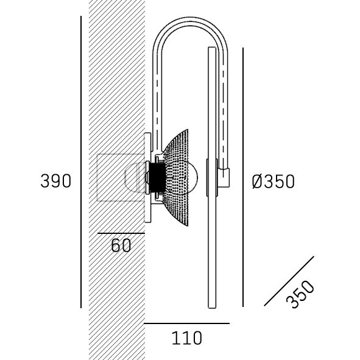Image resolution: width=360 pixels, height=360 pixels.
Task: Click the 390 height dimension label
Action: click(55, 181)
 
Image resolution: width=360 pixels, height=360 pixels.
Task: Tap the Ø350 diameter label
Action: click(273, 182)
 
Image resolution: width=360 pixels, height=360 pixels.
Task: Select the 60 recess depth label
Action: click(121, 245)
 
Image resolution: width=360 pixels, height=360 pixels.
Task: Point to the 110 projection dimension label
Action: click(186, 337)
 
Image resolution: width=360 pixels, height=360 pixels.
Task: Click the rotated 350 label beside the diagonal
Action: click(300, 294)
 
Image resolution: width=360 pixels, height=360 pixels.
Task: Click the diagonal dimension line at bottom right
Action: click(289, 281)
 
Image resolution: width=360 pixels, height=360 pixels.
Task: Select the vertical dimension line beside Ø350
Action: click(243, 177)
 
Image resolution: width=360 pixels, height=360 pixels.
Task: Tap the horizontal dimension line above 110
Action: click(186, 323)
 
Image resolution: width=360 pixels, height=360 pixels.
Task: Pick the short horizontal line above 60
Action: click(121, 233)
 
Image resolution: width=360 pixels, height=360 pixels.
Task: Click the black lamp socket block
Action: click(157, 177)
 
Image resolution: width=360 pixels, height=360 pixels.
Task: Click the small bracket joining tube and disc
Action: click(225, 177)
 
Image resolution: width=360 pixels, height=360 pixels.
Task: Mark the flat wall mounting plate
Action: click(147, 177)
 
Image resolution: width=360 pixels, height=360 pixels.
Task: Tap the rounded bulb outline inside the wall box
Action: click(135, 177)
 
